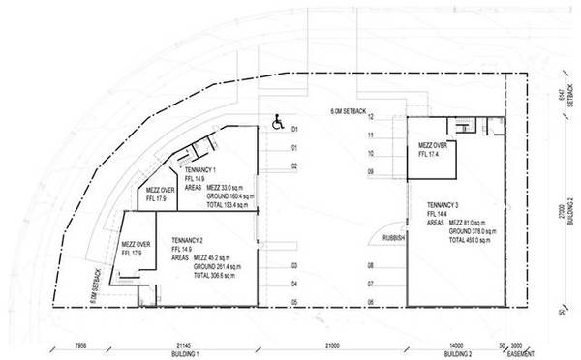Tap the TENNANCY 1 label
click(x=200, y=168)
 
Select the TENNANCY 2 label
click(x=188, y=239)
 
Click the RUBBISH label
click(x=395, y=237)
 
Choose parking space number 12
click(x=370, y=117)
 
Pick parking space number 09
click(x=370, y=172)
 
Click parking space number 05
click(x=294, y=302)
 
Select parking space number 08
click(x=370, y=265)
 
